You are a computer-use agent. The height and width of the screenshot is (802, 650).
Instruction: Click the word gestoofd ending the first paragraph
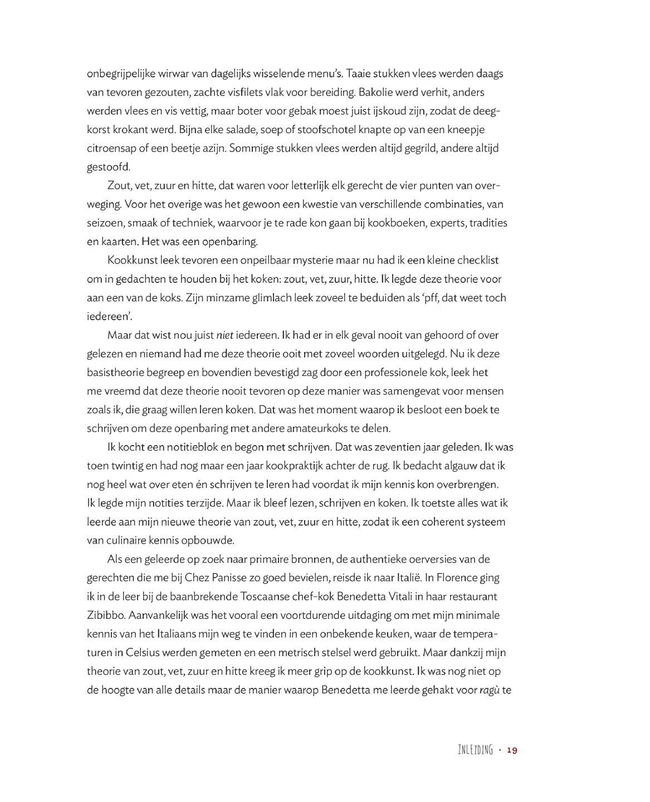[108, 167]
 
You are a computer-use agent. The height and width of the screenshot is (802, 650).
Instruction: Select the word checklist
[478, 260]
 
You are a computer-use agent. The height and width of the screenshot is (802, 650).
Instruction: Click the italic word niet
[224, 335]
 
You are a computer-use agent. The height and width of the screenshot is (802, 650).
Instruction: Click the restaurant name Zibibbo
[106, 615]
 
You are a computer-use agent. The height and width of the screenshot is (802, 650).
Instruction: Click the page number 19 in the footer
[512, 750]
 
